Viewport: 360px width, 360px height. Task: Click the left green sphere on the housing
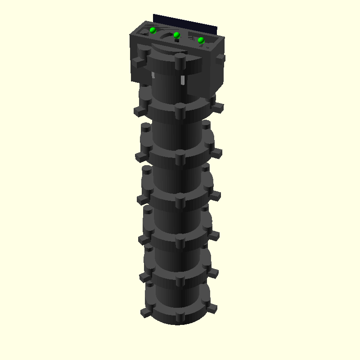pos(153,31)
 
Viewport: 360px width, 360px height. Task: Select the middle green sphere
pos(177,35)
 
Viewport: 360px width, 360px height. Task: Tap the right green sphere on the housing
pos(201,40)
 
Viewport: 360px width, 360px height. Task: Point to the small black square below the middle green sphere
pos(177,40)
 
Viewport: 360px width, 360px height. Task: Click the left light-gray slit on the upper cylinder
pos(153,75)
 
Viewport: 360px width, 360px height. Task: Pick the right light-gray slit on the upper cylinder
pos(183,80)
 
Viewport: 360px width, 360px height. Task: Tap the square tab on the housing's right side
pos(220,58)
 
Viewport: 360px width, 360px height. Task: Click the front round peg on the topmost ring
pos(180,61)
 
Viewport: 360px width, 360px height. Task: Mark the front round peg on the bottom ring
pos(180,317)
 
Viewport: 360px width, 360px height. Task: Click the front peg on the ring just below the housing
pos(180,111)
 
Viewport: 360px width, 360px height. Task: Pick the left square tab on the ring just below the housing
pos(140,109)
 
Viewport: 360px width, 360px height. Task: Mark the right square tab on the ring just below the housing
pos(217,108)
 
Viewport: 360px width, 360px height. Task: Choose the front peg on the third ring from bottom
pos(180,242)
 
